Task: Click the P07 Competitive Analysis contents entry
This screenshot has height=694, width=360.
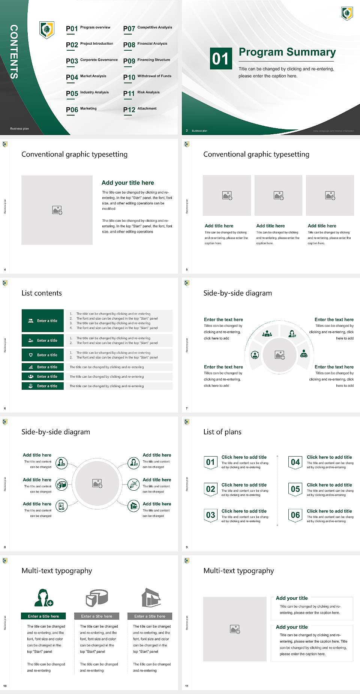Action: [x=147, y=28]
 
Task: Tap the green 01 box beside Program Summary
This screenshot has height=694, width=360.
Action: [x=220, y=59]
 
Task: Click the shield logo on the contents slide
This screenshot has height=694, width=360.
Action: [x=47, y=30]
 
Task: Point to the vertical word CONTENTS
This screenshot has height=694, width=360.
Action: [x=14, y=52]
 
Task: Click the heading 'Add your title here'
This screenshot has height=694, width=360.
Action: [x=127, y=183]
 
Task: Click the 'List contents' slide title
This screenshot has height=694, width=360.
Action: [x=42, y=293]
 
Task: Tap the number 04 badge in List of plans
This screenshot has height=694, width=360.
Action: [x=295, y=462]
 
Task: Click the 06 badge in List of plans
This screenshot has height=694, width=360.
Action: [x=295, y=515]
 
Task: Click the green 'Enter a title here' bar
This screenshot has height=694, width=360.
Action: [x=43, y=616]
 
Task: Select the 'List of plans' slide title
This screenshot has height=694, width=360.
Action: [x=222, y=432]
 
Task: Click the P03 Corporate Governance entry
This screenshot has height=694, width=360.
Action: [x=91, y=60]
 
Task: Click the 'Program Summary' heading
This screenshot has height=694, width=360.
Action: [x=287, y=52]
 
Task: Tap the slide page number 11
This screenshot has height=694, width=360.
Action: [x=187, y=686]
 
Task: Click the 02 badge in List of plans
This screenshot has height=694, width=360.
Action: [x=210, y=489]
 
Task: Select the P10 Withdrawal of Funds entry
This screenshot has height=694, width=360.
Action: [x=147, y=77]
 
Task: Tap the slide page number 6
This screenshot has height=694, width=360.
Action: [x=5, y=408]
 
